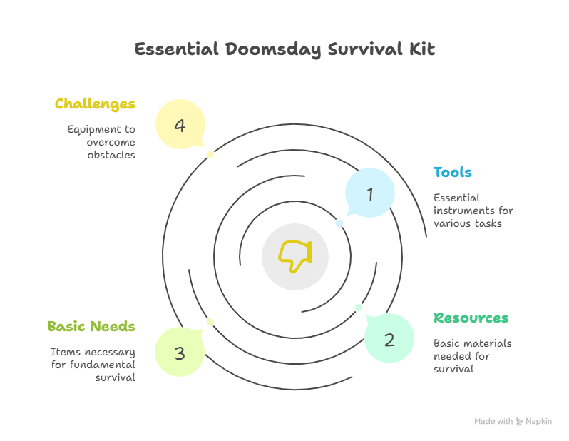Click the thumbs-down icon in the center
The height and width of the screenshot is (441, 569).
pos(294,255)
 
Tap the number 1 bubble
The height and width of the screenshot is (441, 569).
pos(369,193)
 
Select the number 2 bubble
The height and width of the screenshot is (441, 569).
pos(389,339)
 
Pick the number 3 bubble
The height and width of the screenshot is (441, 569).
pos(180,352)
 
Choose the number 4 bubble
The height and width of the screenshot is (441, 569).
pos(180,126)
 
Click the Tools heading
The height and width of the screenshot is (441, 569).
pos(453,173)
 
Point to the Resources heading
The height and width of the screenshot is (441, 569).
pos(471,318)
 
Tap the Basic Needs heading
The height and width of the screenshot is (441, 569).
pos(91,327)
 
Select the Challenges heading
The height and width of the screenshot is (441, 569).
pos(95,104)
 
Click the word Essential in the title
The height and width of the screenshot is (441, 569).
pos(175,49)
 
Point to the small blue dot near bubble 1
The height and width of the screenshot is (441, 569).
pos(339,223)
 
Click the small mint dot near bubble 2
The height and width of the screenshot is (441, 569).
pos(359,308)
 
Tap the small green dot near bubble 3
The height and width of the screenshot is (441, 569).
pos(210,322)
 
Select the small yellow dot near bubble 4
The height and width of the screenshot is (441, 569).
pos(210,155)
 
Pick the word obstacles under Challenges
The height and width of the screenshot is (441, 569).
pos(111,155)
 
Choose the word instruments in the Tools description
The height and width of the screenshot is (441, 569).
pos(473,211)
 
